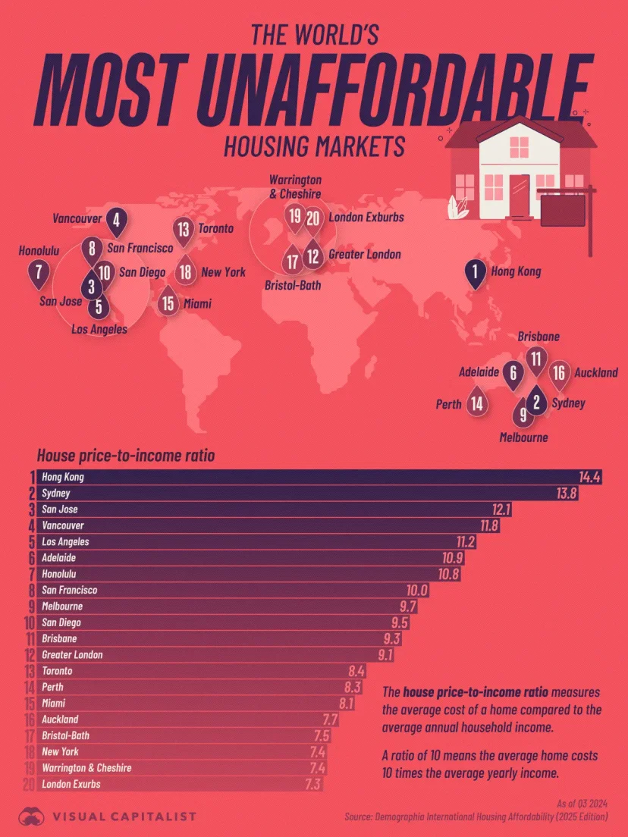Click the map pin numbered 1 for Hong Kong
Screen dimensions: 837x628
476,273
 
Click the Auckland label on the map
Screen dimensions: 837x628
595,373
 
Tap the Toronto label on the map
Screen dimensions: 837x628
215,228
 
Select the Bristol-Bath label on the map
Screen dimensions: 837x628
293,286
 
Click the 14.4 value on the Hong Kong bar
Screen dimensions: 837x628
589,478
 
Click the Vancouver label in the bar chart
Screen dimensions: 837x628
63,525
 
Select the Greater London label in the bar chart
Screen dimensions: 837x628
72,654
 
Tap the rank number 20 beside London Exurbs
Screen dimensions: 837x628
27,784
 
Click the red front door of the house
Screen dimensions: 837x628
520,194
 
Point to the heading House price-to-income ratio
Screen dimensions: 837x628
125,456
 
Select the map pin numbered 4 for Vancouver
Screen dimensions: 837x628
116,221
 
